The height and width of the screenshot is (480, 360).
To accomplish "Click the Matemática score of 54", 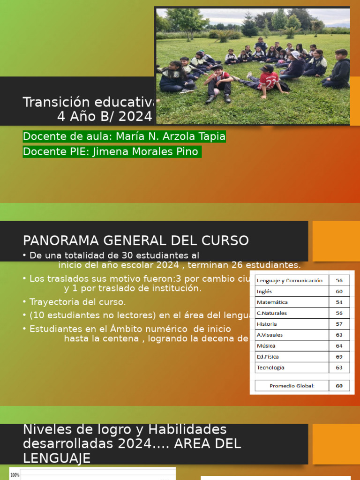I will pos(339,302).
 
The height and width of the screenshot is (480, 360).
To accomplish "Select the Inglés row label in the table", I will pos(264,292).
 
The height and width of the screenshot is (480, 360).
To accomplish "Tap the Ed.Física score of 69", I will pos(339,357).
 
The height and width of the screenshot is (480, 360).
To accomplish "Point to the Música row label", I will pos(266,346).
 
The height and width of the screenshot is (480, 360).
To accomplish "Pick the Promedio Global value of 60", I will pos(339,386).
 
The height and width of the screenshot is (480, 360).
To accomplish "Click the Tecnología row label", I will pos(270,367).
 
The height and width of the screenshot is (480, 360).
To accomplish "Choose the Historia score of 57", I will pos(339,324).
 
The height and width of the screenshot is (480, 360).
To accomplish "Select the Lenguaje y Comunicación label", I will pos(289,281).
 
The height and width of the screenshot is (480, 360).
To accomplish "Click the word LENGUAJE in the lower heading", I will pos(56,458).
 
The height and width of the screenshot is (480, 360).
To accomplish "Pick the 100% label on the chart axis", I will pos(15,475).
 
